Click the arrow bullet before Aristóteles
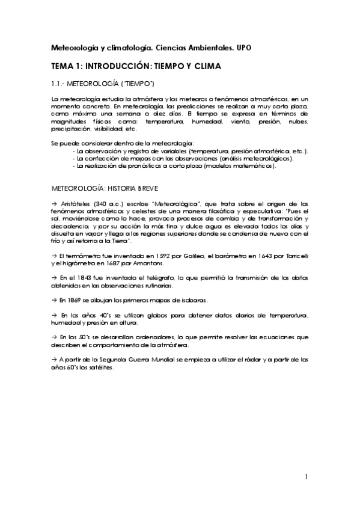[x=54, y=204]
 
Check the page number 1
[x=306, y=478]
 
